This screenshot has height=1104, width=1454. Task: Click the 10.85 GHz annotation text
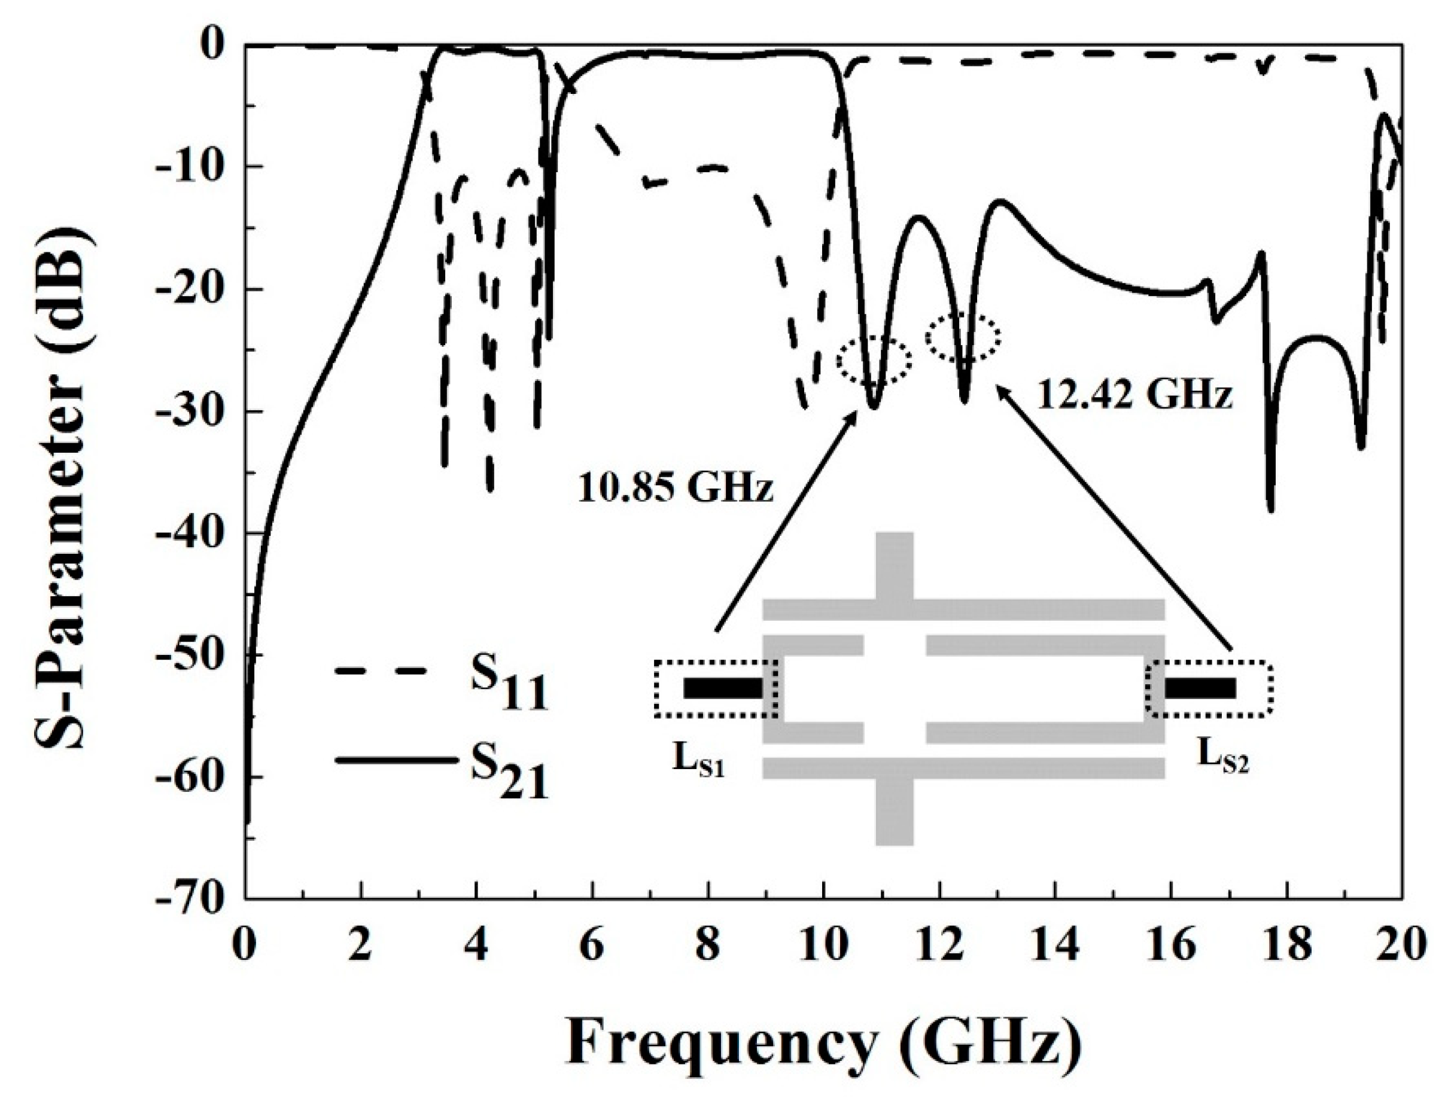click(674, 490)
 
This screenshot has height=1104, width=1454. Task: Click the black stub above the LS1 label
click(723, 688)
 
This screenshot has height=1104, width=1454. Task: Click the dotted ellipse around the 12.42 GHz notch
click(963, 337)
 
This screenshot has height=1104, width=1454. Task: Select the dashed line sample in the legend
click(381, 672)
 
